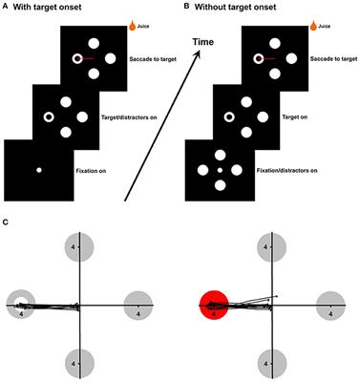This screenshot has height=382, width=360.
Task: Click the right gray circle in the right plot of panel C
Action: click(x=331, y=306)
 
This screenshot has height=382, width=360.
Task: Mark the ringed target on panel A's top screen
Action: click(x=75, y=60)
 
